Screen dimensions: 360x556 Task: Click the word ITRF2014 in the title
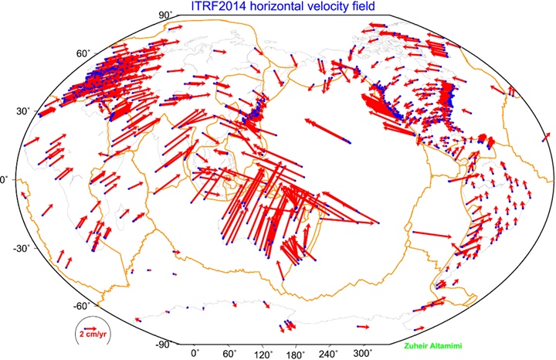(216, 7)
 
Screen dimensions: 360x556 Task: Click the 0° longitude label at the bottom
(195, 353)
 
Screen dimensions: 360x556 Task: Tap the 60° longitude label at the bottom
(229, 353)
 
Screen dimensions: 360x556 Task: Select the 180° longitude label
(297, 353)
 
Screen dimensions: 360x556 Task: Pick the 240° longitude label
(330, 353)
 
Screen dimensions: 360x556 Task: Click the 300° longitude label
(364, 353)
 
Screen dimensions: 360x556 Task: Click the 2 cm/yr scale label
(92, 335)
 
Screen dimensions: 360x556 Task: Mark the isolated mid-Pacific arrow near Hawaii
(327, 131)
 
